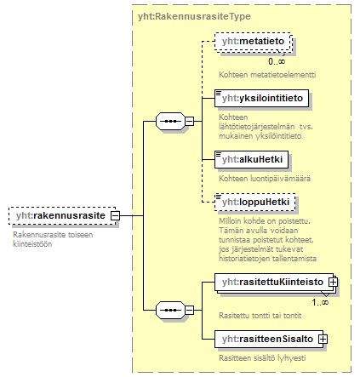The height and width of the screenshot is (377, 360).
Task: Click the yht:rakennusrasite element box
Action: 62,216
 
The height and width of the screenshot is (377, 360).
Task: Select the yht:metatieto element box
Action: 254,42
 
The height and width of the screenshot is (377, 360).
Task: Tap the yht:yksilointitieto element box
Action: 261,99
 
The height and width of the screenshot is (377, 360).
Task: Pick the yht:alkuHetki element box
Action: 251,159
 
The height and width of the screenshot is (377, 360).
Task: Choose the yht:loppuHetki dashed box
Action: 255,202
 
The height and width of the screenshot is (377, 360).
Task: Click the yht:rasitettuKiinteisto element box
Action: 274,283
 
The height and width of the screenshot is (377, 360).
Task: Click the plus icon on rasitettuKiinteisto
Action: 333,283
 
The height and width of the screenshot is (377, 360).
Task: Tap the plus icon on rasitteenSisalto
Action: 323,339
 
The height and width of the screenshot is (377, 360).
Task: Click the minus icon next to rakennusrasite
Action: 115,215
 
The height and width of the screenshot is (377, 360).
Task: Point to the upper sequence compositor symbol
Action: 170,122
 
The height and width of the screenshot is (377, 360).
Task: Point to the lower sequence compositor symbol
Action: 170,310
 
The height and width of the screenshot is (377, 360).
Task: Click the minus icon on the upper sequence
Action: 190,122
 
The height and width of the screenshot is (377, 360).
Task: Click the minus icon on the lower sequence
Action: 190,310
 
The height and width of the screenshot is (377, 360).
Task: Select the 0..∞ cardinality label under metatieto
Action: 277,61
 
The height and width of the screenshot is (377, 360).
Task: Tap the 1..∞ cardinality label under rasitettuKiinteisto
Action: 320,302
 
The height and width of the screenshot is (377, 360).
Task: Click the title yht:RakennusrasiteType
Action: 194,16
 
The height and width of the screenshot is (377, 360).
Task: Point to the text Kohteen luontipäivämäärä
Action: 265,179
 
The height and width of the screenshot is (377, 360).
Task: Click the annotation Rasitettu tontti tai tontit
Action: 260,316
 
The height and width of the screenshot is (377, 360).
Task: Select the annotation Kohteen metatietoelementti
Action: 267,75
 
